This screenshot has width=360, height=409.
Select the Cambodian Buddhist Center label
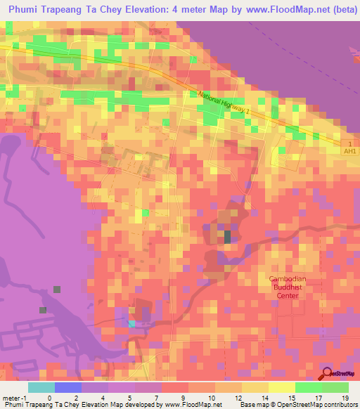288,287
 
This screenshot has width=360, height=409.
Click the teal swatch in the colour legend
41,387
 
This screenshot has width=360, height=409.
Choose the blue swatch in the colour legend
68,387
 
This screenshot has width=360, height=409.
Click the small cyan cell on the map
131,323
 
